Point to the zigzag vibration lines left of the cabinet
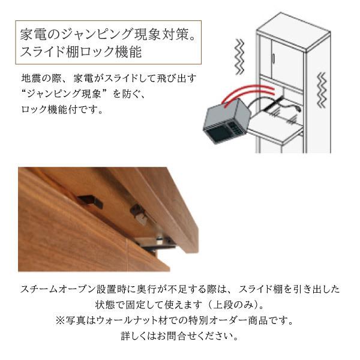pos(238,55)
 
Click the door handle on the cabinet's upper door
pos(272,58)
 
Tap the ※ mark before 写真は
pos(60,320)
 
